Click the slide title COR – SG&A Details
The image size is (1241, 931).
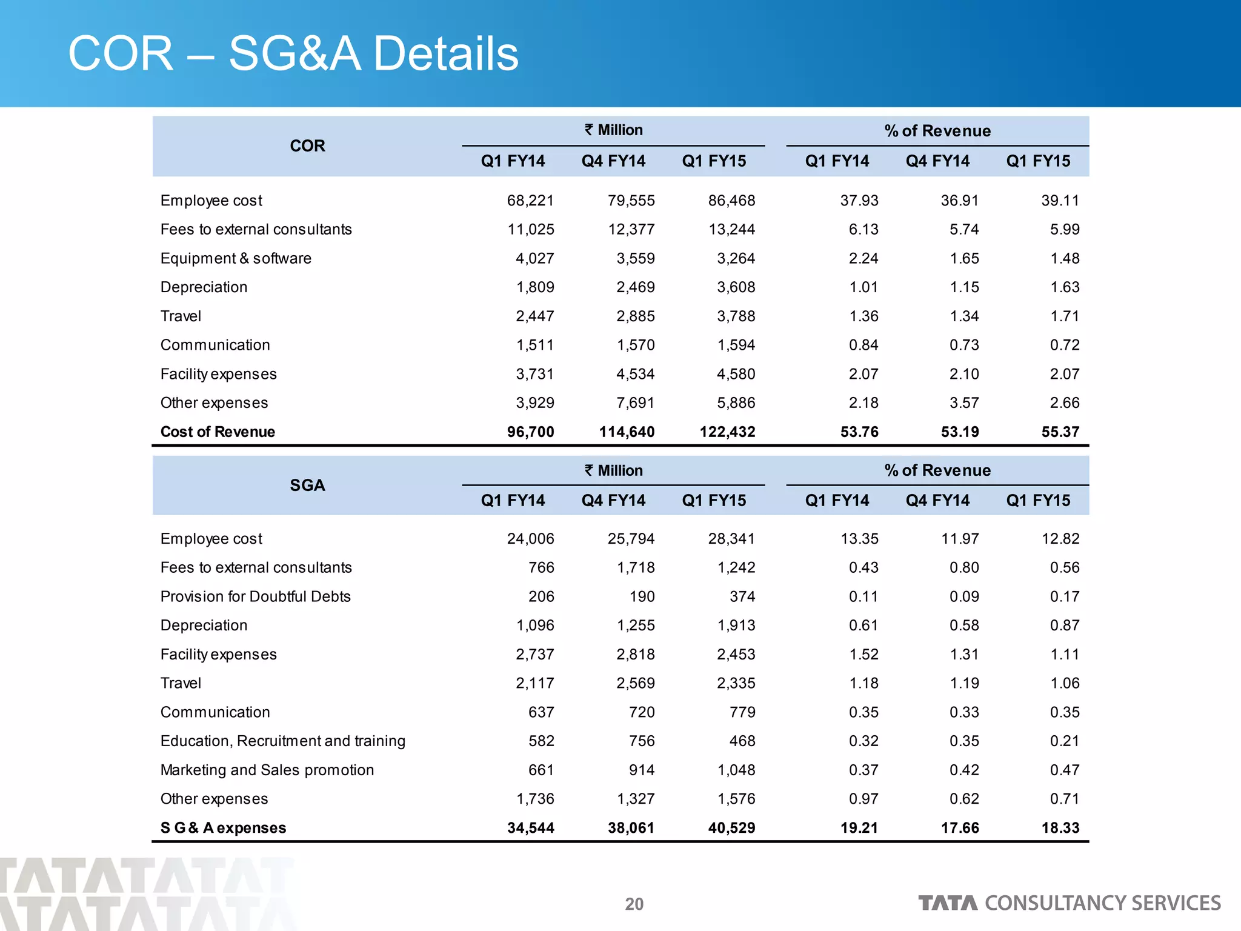(293, 54)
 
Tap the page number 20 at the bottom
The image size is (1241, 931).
(634, 904)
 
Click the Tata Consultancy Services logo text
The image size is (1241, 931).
(1069, 903)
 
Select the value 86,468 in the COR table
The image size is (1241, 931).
(731, 201)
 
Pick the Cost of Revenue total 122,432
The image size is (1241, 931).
(727, 432)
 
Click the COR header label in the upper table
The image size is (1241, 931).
(307, 146)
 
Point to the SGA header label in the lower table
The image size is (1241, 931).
(307, 486)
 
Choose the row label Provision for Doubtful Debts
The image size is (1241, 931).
(255, 596)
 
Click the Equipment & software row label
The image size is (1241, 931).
(236, 258)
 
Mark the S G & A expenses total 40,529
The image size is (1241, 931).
(731, 828)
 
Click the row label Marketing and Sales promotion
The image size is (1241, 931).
(267, 770)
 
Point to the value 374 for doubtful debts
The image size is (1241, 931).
(742, 596)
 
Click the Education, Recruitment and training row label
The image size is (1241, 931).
(282, 741)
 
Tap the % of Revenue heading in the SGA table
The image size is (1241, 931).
(937, 470)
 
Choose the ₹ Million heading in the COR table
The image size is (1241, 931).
(613, 130)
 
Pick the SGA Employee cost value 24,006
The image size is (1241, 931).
(530, 539)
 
